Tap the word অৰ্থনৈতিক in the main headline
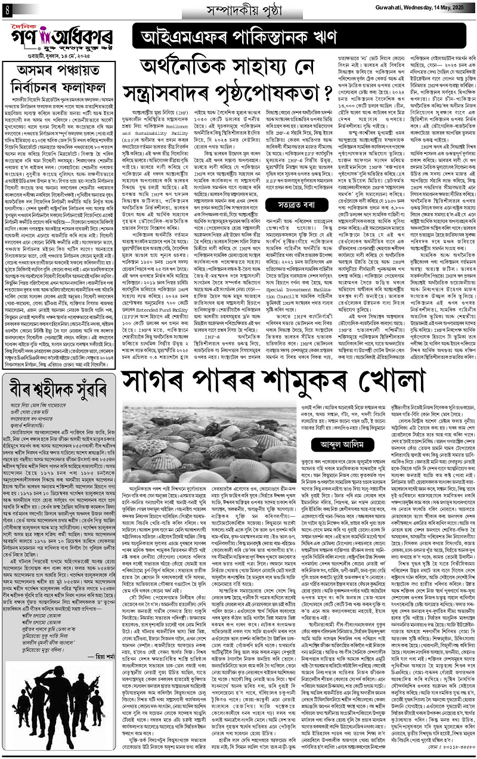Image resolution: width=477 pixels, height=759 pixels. coord(188,66)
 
